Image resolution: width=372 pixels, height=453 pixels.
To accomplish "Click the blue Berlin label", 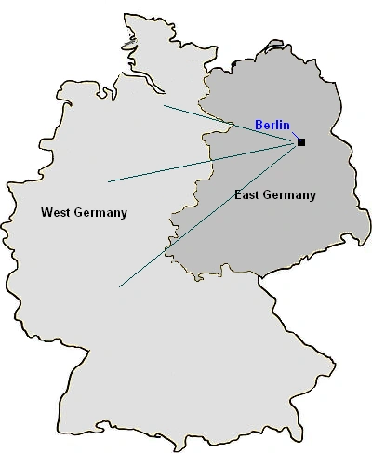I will pos(272,126).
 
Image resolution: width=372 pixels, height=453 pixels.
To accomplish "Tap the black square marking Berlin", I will pos(301,142).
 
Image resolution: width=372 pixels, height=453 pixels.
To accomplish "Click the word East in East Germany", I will pos(247,195).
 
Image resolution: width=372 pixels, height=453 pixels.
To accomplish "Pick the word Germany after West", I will pos(100,213).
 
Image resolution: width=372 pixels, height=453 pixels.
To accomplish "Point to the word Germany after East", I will pos(290,195).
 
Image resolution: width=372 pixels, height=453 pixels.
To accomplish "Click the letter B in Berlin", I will pos(259,126).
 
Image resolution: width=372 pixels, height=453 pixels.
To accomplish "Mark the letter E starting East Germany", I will pos(238,195).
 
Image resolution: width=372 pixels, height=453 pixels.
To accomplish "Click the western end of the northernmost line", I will pos(164,106).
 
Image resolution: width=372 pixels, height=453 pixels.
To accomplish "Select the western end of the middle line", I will pos(108,180).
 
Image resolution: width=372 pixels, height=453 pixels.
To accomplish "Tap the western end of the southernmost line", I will pos(119,286).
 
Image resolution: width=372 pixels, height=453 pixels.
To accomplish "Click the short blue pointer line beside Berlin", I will pos(294,136).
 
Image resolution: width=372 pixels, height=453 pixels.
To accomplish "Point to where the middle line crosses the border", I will pos(203,162).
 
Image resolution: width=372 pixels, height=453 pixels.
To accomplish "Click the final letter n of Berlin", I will pos(287,126).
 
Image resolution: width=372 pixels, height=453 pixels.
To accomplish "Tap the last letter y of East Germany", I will pos(312,197).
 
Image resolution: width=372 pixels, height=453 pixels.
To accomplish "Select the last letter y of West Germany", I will pos(124,215).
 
